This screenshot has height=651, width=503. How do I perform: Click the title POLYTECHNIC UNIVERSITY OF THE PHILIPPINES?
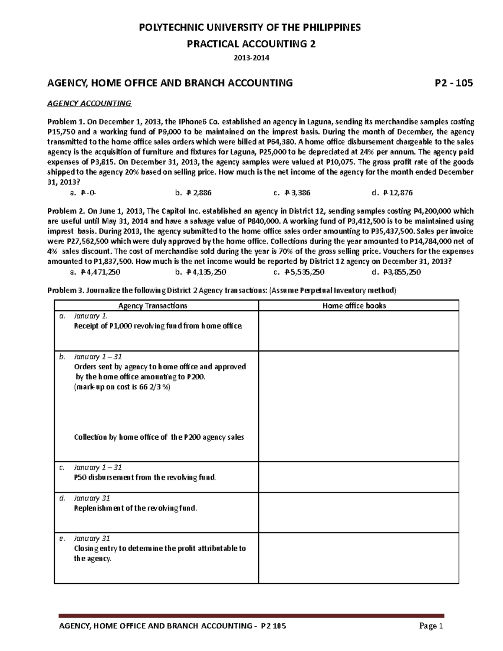point(251,28)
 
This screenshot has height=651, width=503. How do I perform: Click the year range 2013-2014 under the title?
point(251,58)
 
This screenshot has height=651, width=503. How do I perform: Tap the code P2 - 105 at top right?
point(454,83)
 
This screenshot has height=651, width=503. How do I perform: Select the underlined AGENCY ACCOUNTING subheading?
point(89,103)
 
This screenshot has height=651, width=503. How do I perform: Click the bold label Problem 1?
point(66,122)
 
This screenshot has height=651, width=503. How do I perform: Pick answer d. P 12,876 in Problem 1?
point(392,193)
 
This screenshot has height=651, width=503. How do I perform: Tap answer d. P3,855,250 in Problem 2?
point(397,272)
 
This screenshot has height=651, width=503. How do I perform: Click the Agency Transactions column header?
point(153,306)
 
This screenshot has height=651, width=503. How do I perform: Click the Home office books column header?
point(354,306)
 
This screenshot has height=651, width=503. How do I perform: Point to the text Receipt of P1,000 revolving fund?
point(158,326)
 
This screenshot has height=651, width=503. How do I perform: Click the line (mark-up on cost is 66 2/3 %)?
point(122,387)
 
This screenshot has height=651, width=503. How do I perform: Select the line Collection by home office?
point(159,437)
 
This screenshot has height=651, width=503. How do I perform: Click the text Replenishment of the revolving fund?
point(135,508)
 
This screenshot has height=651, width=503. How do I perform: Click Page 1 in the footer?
point(431,626)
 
